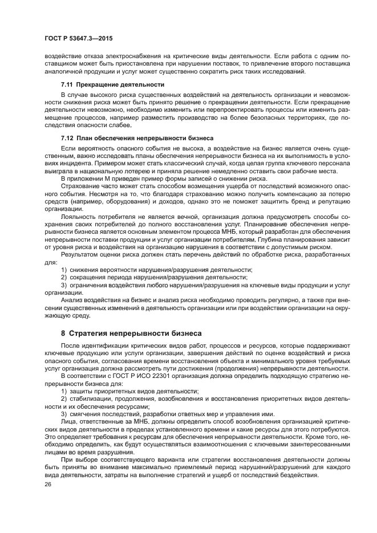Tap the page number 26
[47, 484]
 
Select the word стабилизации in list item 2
[87, 398]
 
